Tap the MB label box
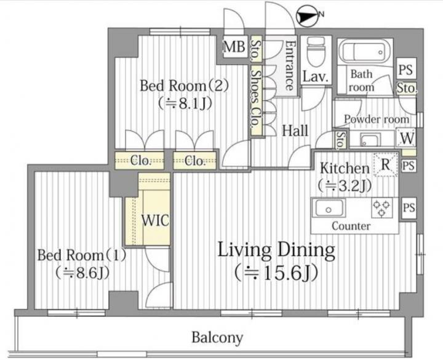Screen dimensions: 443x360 pos(234,47)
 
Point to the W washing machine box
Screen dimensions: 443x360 pos(406,138)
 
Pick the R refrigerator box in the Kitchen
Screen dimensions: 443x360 pos(386,164)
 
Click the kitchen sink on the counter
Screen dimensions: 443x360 pos(329,208)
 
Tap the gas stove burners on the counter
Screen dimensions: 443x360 pos(382,208)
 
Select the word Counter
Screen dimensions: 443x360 pos(351,226)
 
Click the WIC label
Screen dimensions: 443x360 pos(155,220)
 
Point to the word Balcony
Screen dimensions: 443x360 pos(217,337)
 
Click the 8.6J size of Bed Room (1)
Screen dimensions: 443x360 pos(82,273)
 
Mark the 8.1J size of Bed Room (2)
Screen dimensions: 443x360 pos(185,104)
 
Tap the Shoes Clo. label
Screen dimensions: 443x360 pos(256,102)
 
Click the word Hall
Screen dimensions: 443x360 pos(295,131)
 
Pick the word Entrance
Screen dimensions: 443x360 pos(289,66)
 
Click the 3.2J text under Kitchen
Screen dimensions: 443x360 pos(345,186)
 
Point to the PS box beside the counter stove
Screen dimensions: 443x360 pos(409,208)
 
